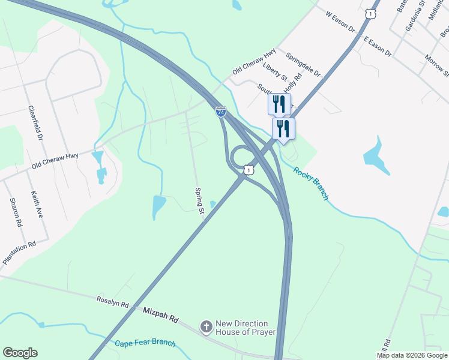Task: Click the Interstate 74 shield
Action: [220, 111]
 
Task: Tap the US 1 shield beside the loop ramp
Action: [247, 170]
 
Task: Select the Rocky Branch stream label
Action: [311, 184]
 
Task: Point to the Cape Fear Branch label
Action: [145, 343]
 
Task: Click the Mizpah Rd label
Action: [161, 316]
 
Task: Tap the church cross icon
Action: [206, 328]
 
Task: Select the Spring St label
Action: [199, 198]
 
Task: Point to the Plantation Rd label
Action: [19, 253]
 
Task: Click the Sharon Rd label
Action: [16, 212]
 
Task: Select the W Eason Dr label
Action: [340, 21]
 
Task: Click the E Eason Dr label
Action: [377, 46]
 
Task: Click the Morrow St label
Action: [436, 65]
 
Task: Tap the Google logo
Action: [20, 353]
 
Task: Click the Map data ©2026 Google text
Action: [412, 355]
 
